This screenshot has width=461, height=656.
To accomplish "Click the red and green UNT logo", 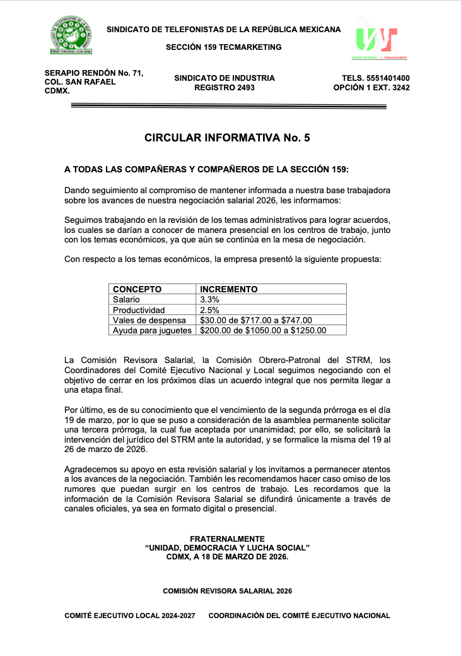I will pos(376,42).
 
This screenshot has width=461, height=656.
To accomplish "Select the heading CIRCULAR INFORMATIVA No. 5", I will pos(227,138).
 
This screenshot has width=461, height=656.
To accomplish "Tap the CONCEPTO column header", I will pos(137,289).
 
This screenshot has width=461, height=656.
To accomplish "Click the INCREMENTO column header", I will pos(228,289).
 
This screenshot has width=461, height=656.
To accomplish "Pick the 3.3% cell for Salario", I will pos(209,299).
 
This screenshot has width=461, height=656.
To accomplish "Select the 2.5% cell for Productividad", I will pos(209,310).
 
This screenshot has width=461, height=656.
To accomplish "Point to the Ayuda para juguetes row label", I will pos(151,330).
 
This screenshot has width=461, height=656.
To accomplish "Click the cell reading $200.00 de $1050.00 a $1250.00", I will pos(263,330).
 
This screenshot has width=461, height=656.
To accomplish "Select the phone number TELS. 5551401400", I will pos(375,78).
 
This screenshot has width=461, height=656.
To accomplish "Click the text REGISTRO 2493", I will pos(225,88).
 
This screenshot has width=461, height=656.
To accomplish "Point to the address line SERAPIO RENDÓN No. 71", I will pos(94,73).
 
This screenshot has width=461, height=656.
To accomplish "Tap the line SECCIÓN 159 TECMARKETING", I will pos(224,47).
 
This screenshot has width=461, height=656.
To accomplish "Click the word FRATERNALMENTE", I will pos(227,539).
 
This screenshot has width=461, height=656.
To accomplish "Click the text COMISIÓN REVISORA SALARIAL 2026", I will pos(227,591).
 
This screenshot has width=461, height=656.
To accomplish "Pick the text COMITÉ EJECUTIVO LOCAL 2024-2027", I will pos(131,616).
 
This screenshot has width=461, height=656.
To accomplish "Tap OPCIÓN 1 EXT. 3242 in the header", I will pos(371,88).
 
